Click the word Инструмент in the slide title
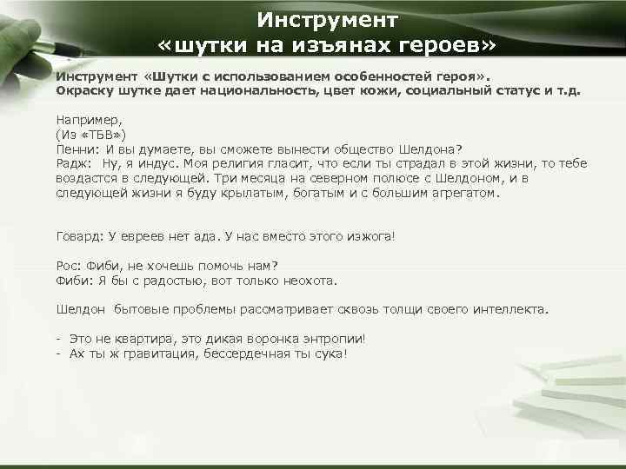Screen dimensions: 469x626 pos(328,18)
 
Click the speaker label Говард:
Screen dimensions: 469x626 pos(79,235)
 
